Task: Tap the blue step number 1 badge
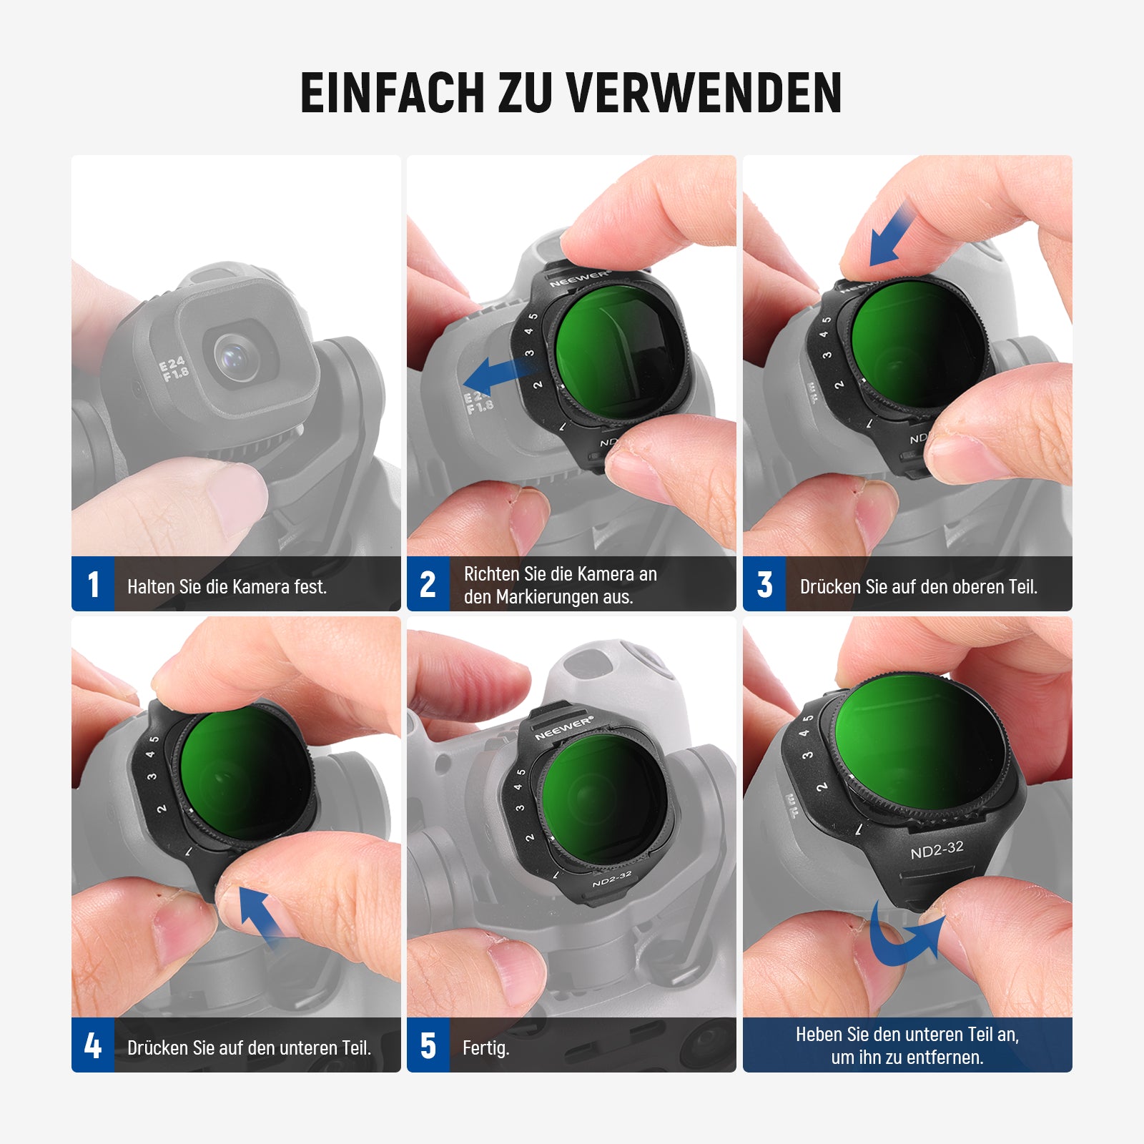point(93,584)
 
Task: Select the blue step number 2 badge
point(428,584)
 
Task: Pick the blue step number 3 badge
point(764,584)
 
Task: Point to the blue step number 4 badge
point(93,1045)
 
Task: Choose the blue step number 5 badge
point(428,1045)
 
